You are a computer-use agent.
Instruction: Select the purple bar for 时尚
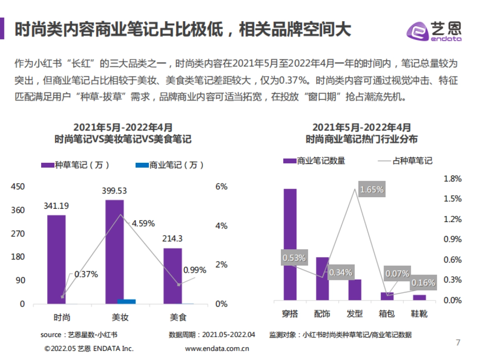[x=56, y=259]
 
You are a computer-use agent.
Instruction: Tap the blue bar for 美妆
[x=126, y=301]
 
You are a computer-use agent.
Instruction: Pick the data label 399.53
[x=114, y=191]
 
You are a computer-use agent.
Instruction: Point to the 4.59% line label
[x=143, y=224]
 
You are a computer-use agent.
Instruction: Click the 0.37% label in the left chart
[x=86, y=274]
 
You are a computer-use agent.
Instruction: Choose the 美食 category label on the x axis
[x=178, y=318]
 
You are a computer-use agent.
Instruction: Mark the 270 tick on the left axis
[x=18, y=234]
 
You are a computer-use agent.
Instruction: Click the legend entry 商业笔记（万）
[x=170, y=165]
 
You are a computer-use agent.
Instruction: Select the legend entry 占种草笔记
[x=405, y=161]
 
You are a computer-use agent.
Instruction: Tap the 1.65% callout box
[x=372, y=189]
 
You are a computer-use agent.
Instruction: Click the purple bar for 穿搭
[x=290, y=244]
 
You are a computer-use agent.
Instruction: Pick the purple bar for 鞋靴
[x=420, y=297]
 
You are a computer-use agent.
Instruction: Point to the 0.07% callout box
[x=397, y=274]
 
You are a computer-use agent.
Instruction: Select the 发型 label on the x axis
[x=354, y=314]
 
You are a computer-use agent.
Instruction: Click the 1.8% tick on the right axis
[x=453, y=179]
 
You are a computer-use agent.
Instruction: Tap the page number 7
[x=458, y=342]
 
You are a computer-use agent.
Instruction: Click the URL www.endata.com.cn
[x=217, y=348]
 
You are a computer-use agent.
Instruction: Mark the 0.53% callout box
[x=294, y=258]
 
